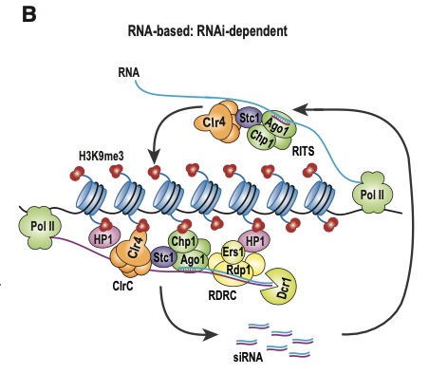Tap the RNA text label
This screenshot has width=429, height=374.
coord(130,72)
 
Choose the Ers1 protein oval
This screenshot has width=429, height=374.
coord(229,253)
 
